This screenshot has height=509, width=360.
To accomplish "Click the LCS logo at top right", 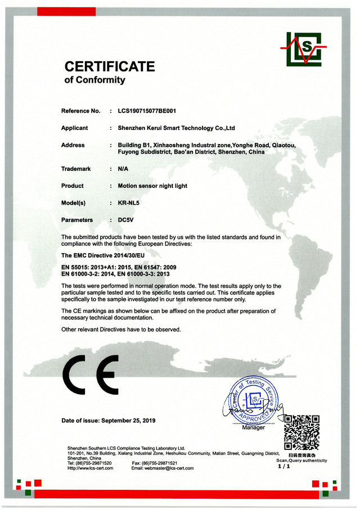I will [x=304, y=49].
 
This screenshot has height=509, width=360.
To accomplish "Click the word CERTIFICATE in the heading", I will [x=110, y=66].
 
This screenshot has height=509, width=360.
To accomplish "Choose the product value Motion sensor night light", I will [x=152, y=186].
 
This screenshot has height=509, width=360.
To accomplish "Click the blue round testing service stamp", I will [x=253, y=400].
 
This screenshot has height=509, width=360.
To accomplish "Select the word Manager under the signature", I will [x=253, y=428].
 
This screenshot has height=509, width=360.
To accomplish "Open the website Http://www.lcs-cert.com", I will [x=90, y=468].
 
